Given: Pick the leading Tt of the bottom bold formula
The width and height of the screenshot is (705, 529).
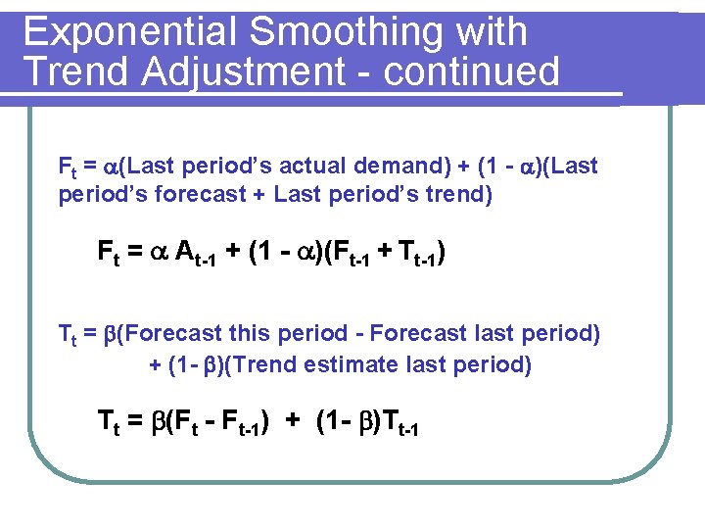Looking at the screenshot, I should (x=107, y=422).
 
